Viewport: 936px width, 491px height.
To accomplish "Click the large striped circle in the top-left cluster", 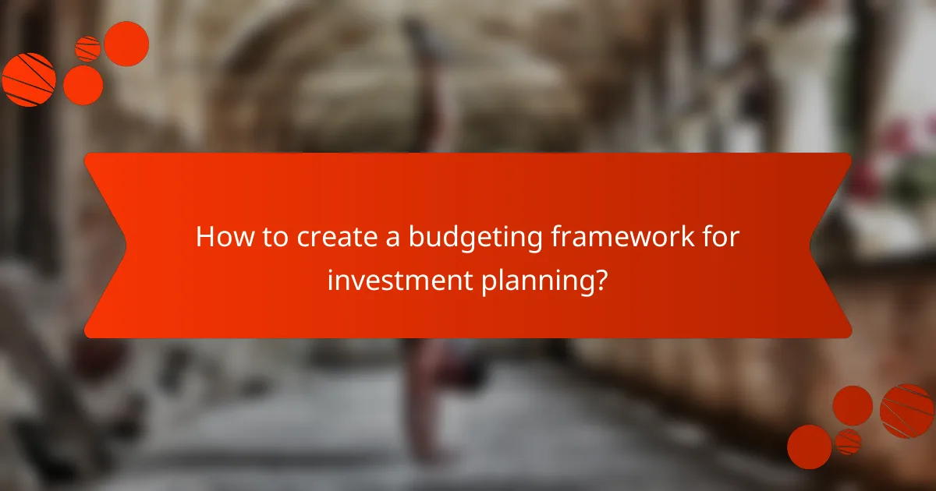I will click(x=29, y=79).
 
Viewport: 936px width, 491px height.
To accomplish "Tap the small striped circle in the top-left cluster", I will click(x=87, y=49).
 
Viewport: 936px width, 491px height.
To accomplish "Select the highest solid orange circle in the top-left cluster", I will click(x=126, y=44).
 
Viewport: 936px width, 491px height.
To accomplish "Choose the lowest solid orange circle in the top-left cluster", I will click(x=83, y=85).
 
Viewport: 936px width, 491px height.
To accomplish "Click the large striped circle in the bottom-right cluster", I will click(x=906, y=411).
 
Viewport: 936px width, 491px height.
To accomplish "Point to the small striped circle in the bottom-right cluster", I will click(x=848, y=441).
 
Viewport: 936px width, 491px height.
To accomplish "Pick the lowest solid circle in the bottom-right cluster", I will click(x=809, y=447).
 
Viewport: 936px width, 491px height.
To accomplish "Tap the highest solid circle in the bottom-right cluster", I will click(x=853, y=405).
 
